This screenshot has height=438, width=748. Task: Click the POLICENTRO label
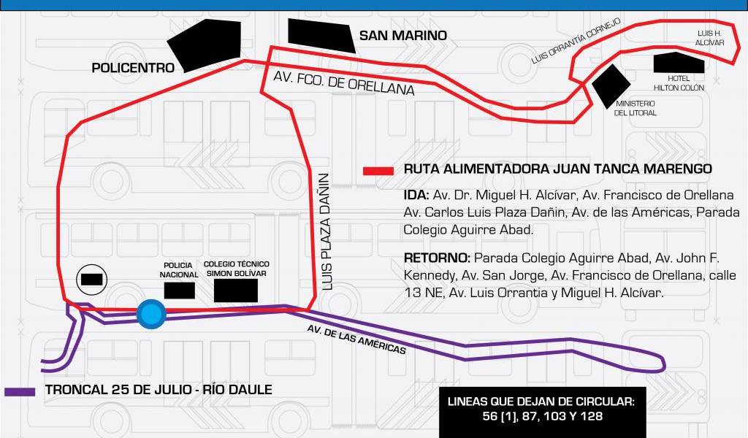click(x=133, y=68)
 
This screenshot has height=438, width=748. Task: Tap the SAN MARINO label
click(x=402, y=35)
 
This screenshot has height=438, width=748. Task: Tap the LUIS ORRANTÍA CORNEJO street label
click(x=576, y=41)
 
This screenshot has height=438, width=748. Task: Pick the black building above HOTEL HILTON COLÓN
click(x=679, y=63)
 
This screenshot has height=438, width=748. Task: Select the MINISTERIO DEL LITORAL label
click(x=635, y=108)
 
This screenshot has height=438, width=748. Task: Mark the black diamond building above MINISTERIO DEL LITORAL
click(x=610, y=84)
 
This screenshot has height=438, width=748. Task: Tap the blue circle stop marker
click(x=151, y=315)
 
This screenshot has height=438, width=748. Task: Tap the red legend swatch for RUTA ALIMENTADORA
click(x=379, y=171)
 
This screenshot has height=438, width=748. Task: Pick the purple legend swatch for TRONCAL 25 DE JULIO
click(x=20, y=391)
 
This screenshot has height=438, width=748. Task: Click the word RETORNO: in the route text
click(x=437, y=258)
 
